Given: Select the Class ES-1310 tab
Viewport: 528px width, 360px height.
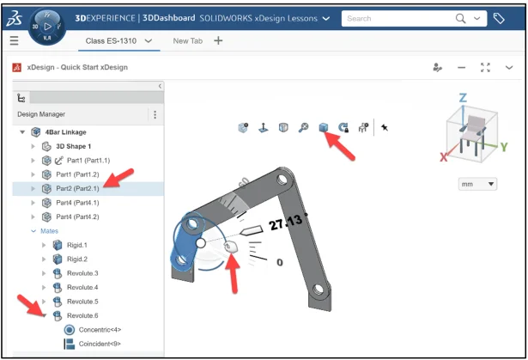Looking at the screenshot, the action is click(x=111, y=40).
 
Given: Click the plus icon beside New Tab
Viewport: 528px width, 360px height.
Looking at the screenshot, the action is click(x=218, y=40).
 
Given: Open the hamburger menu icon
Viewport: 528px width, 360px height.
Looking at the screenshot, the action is click(x=14, y=40).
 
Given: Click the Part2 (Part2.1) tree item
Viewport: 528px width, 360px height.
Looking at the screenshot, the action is click(x=77, y=188).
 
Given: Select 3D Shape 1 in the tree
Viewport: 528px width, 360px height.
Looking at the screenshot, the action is click(x=74, y=146).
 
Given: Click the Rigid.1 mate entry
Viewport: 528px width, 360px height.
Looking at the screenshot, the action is click(x=76, y=245).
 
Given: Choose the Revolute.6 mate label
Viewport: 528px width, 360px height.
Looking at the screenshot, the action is click(x=82, y=315).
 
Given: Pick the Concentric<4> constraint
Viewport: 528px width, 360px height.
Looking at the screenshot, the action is click(x=100, y=330).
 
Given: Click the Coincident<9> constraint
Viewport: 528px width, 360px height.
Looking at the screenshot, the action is click(x=100, y=344).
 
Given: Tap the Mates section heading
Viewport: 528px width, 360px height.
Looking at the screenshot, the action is click(x=49, y=231).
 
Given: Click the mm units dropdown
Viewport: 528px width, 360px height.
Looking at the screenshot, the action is click(x=477, y=184).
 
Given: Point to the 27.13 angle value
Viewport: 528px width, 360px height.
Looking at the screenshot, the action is click(x=286, y=223).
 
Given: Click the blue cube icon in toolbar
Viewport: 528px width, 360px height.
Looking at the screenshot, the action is click(x=324, y=127).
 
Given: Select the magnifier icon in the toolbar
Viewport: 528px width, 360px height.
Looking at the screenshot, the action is click(x=303, y=127).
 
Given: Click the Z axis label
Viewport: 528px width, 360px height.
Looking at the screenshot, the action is click(x=463, y=98).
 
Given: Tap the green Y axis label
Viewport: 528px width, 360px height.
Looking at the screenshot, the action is click(x=504, y=147).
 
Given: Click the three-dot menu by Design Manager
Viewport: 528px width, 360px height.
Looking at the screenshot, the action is click(x=155, y=114).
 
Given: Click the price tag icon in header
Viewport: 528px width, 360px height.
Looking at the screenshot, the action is click(x=499, y=18).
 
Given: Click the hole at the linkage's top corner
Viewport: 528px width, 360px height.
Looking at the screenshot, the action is click(x=282, y=179).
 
